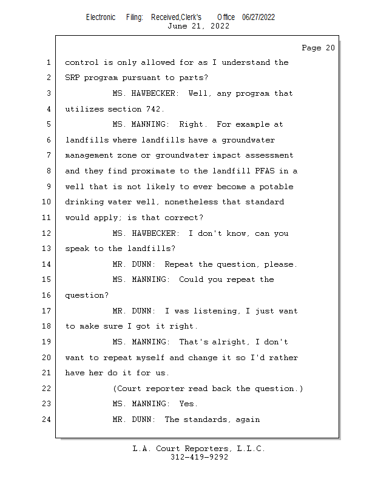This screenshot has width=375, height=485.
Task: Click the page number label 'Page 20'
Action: pyautogui.click(x=318, y=48)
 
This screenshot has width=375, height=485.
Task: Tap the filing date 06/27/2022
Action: pyautogui.click(x=258, y=17)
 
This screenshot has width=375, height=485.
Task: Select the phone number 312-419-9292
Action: pyautogui.click(x=199, y=457)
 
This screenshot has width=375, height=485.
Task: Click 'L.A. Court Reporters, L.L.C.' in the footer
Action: pyautogui.click(x=198, y=449)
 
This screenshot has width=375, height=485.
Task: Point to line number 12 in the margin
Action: pyautogui.click(x=48, y=233)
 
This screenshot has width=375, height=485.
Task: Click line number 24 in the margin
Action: pyautogui.click(x=48, y=420)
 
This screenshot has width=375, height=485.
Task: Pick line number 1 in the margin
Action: pyautogui.click(x=48, y=62)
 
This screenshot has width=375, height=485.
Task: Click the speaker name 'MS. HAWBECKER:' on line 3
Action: pyautogui.click(x=146, y=93)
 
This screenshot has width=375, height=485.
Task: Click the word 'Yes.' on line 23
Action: pyautogui.click(x=189, y=404)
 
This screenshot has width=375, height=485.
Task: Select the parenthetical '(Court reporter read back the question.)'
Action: pyautogui.click(x=208, y=389)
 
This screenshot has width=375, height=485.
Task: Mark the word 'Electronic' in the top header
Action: pyautogui.click(x=101, y=17)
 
